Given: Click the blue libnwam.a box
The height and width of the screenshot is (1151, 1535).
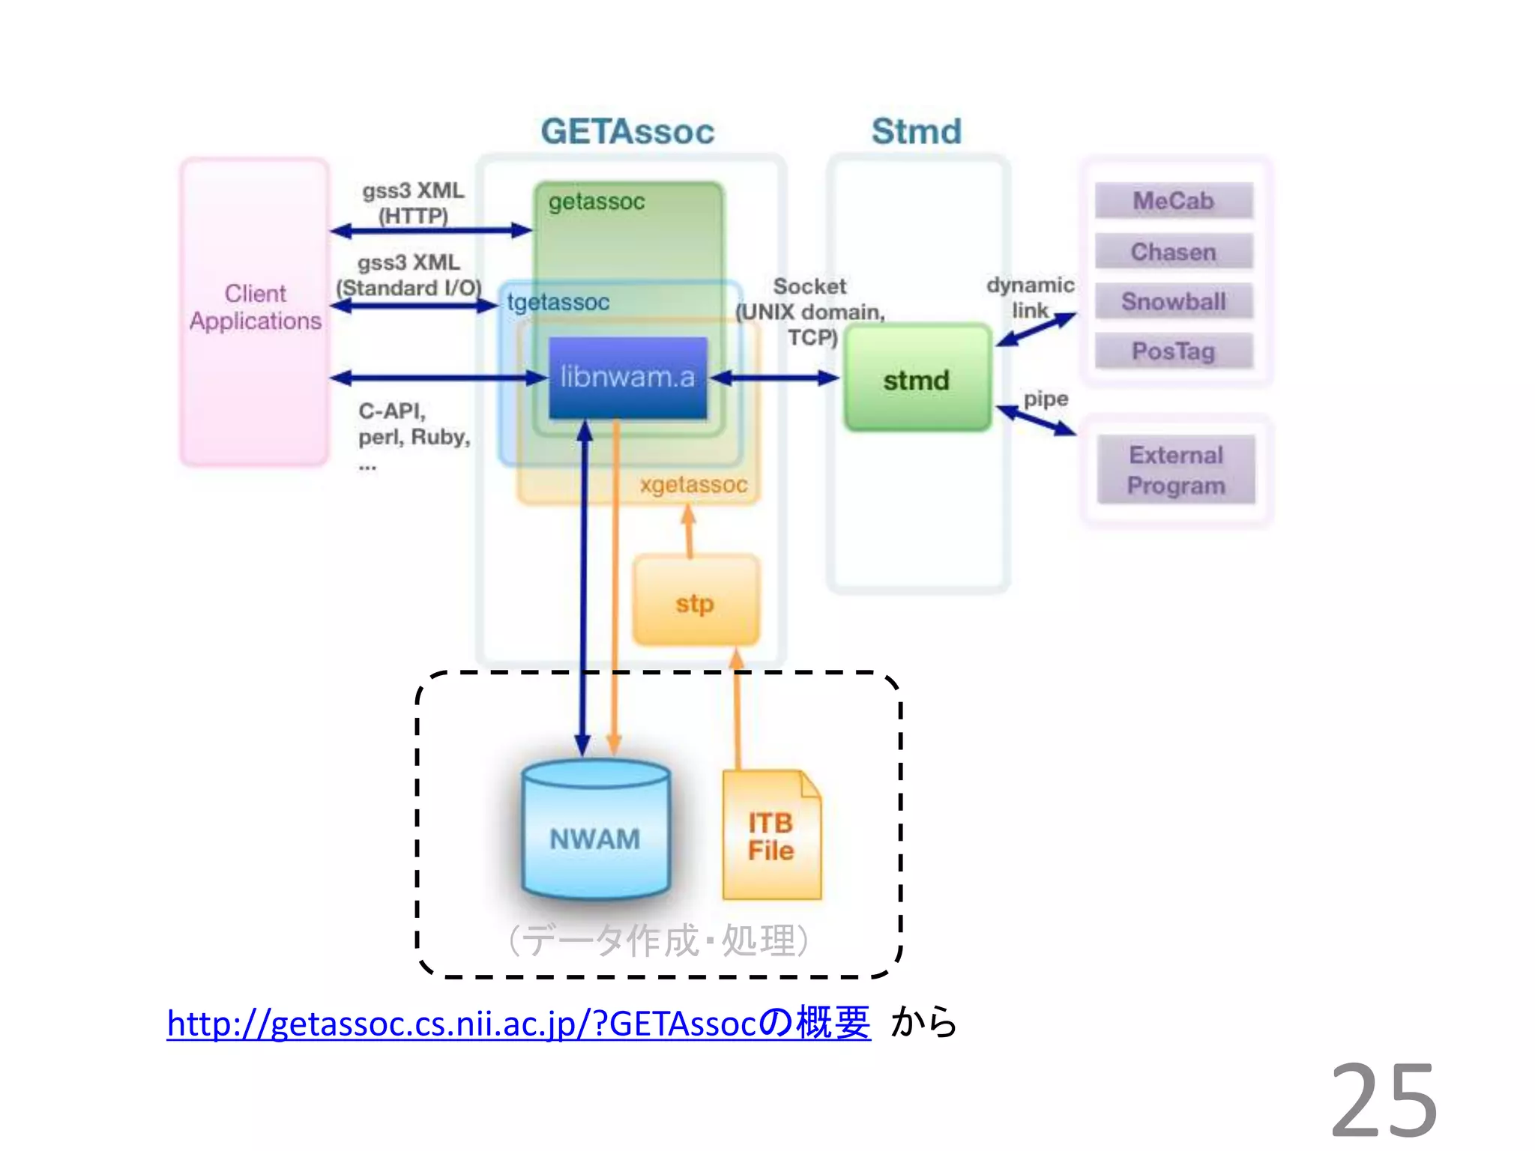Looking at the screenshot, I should (x=627, y=377).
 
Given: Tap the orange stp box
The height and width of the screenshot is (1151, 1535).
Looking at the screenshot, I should (x=695, y=602).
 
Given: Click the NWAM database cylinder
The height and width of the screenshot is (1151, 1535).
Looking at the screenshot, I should (x=595, y=832).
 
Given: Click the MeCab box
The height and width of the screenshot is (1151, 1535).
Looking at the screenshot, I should (x=1173, y=201).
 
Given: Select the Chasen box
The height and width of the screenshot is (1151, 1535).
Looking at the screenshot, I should (x=1173, y=252).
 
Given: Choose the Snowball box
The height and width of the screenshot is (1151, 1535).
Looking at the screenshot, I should (x=1173, y=301).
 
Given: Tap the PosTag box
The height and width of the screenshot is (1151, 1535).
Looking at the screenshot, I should (x=1173, y=351).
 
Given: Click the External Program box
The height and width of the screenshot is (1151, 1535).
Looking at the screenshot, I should (x=1175, y=470).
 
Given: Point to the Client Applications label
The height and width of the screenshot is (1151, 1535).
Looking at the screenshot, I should (x=255, y=306).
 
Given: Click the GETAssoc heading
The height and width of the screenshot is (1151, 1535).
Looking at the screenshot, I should (x=627, y=132).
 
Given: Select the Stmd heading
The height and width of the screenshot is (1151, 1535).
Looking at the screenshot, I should (x=916, y=132).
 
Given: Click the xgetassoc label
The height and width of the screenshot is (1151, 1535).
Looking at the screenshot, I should (x=693, y=485).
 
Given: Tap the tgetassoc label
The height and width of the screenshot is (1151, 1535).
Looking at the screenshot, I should (x=558, y=302).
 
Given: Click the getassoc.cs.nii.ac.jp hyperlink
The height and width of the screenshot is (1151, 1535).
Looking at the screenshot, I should (x=517, y=1023).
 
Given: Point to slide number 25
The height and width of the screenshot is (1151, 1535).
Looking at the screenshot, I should (x=1384, y=1099).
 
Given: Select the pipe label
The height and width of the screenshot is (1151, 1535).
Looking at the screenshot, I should (x=1046, y=399).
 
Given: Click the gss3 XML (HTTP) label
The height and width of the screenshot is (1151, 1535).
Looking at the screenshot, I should (x=413, y=203).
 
